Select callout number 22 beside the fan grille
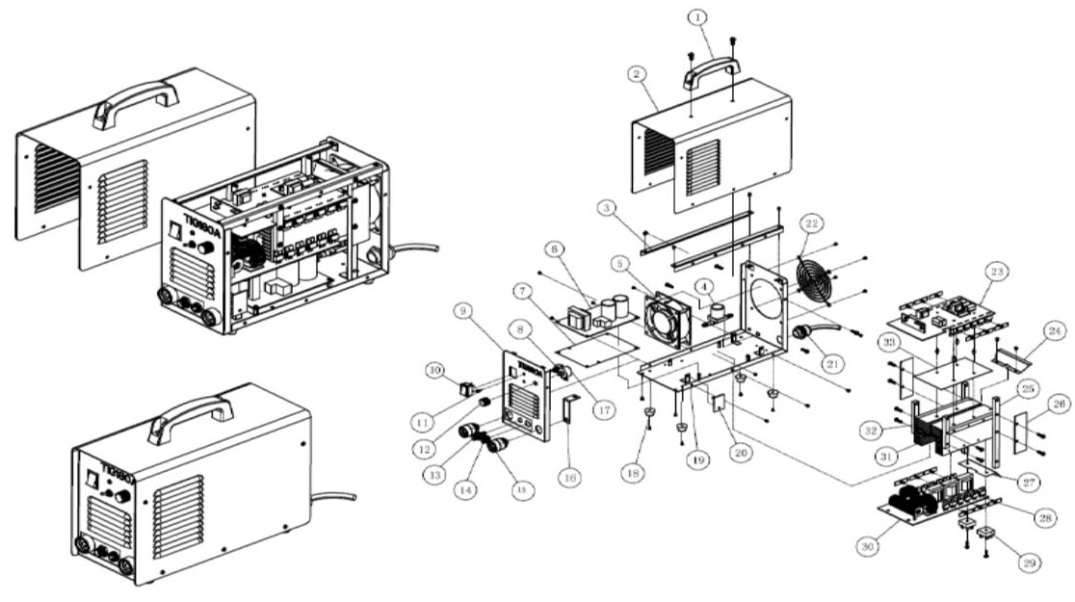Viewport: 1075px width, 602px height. [x=813, y=223]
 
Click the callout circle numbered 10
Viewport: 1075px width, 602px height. [x=434, y=369]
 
